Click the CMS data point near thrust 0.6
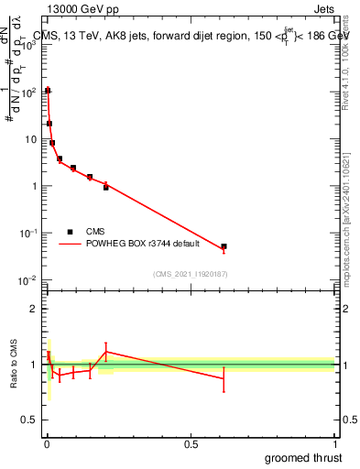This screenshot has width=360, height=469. coord(224,246)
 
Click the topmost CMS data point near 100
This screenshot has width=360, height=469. coord(48,91)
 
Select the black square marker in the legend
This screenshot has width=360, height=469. coord(70,232)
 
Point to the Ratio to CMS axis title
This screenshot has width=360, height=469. coord(14,365)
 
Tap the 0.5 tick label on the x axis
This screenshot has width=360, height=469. coord(191,444)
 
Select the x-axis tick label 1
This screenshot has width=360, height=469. coord(335,444)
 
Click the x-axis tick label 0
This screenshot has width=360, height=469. coord(47,444)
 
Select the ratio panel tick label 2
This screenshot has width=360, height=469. coord(33,309)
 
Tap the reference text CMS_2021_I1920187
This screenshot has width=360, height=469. coord(189,273)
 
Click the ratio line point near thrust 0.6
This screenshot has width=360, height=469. coord(224,379)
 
